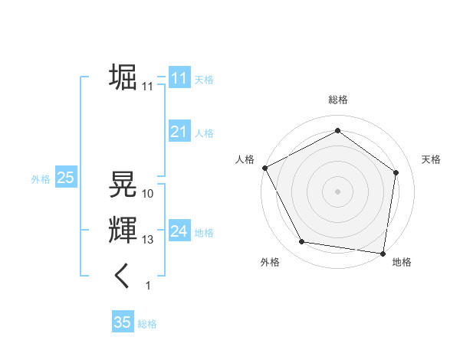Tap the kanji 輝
[123, 230]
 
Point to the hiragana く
[123, 276]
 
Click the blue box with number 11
[179, 78]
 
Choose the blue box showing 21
[179, 132]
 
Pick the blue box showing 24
[179, 231]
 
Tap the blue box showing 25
[65, 178]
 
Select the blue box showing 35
[123, 322]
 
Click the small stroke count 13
[148, 240]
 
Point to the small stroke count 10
[148, 194]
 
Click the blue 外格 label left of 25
[41, 179]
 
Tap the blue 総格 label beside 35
[147, 324]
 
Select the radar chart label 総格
[337, 100]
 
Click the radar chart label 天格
[432, 159]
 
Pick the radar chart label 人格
[245, 159]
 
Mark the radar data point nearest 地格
[383, 253]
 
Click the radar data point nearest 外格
[302, 242]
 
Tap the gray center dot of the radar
[337, 191]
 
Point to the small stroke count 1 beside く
[148, 286]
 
